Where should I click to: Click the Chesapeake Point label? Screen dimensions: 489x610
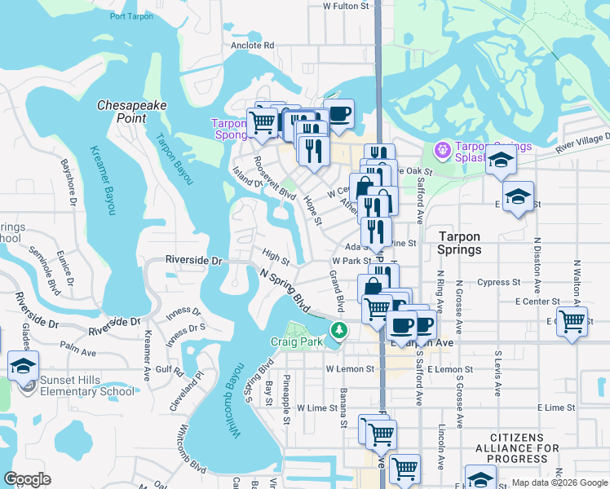[x=122, y=112]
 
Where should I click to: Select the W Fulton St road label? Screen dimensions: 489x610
[x=347, y=6]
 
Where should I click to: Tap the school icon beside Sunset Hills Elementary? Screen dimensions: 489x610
[x=24, y=365]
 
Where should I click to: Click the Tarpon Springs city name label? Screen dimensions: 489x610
[x=459, y=243]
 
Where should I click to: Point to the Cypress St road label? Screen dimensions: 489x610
[x=499, y=283]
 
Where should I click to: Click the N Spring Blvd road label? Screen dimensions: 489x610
[x=285, y=290]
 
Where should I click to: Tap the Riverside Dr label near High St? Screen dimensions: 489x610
[x=194, y=261]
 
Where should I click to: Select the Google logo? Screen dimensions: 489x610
[x=28, y=479]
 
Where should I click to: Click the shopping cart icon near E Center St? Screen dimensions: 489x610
[x=572, y=320]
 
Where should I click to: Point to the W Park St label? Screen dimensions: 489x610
[x=351, y=261]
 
